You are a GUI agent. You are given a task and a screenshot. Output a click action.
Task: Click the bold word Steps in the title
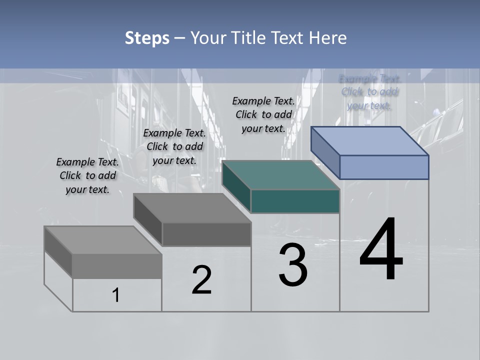pos(147,38)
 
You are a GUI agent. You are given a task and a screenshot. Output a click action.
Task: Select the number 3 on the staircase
pos(293,265)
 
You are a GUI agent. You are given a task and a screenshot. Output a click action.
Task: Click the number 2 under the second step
pos(201,280)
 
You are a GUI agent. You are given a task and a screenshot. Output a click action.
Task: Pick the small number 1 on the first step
pos(116,295)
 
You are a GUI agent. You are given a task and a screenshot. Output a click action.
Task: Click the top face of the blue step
pos(370,140)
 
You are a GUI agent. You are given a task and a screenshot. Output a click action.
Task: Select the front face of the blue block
pos(384,167)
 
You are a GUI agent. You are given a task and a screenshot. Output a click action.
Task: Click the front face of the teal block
pos(295,201)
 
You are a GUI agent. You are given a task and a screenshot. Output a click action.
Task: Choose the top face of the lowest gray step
pos(103,240)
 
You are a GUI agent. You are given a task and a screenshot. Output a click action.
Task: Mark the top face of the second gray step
pos(192,207)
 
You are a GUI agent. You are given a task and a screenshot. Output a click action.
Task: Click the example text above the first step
pos(87,175)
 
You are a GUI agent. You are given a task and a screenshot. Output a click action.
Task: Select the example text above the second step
pos(174,146)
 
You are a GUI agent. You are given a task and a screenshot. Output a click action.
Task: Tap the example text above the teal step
pos(263,114)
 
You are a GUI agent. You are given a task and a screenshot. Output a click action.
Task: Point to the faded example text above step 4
pos(369,92)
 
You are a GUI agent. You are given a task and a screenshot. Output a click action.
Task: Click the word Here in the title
pos(328,38)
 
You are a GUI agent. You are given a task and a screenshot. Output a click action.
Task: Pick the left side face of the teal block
pos(236,186)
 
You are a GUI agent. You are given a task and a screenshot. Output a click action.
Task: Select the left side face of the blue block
pos(325,152)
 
